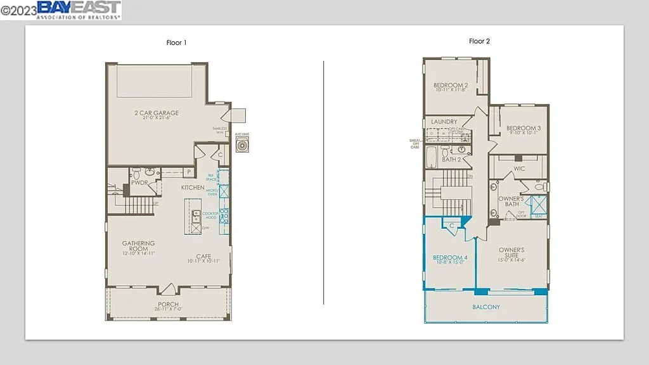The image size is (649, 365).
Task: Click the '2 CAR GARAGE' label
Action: (157, 113)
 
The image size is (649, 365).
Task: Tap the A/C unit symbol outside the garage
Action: (241, 146)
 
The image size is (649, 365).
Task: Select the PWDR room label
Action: (139, 182)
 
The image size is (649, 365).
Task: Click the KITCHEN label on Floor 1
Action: (193, 188)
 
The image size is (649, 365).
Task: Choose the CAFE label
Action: (203, 257)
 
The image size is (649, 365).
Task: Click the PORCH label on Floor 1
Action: (168, 305)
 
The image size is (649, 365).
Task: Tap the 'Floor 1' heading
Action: (176, 43)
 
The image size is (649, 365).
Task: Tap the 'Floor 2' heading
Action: (479, 41)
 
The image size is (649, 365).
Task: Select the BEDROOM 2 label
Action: (451, 86)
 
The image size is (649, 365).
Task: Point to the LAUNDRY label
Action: (444, 122)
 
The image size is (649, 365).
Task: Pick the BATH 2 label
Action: (451, 160)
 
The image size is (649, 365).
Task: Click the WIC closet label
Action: (519, 169)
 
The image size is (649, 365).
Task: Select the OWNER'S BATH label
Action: (510, 202)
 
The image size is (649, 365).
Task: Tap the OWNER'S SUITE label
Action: (511, 253)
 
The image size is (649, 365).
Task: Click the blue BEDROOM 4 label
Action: (450, 258)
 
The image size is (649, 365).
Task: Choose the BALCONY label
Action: (485, 307)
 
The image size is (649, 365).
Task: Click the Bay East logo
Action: (79, 10)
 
